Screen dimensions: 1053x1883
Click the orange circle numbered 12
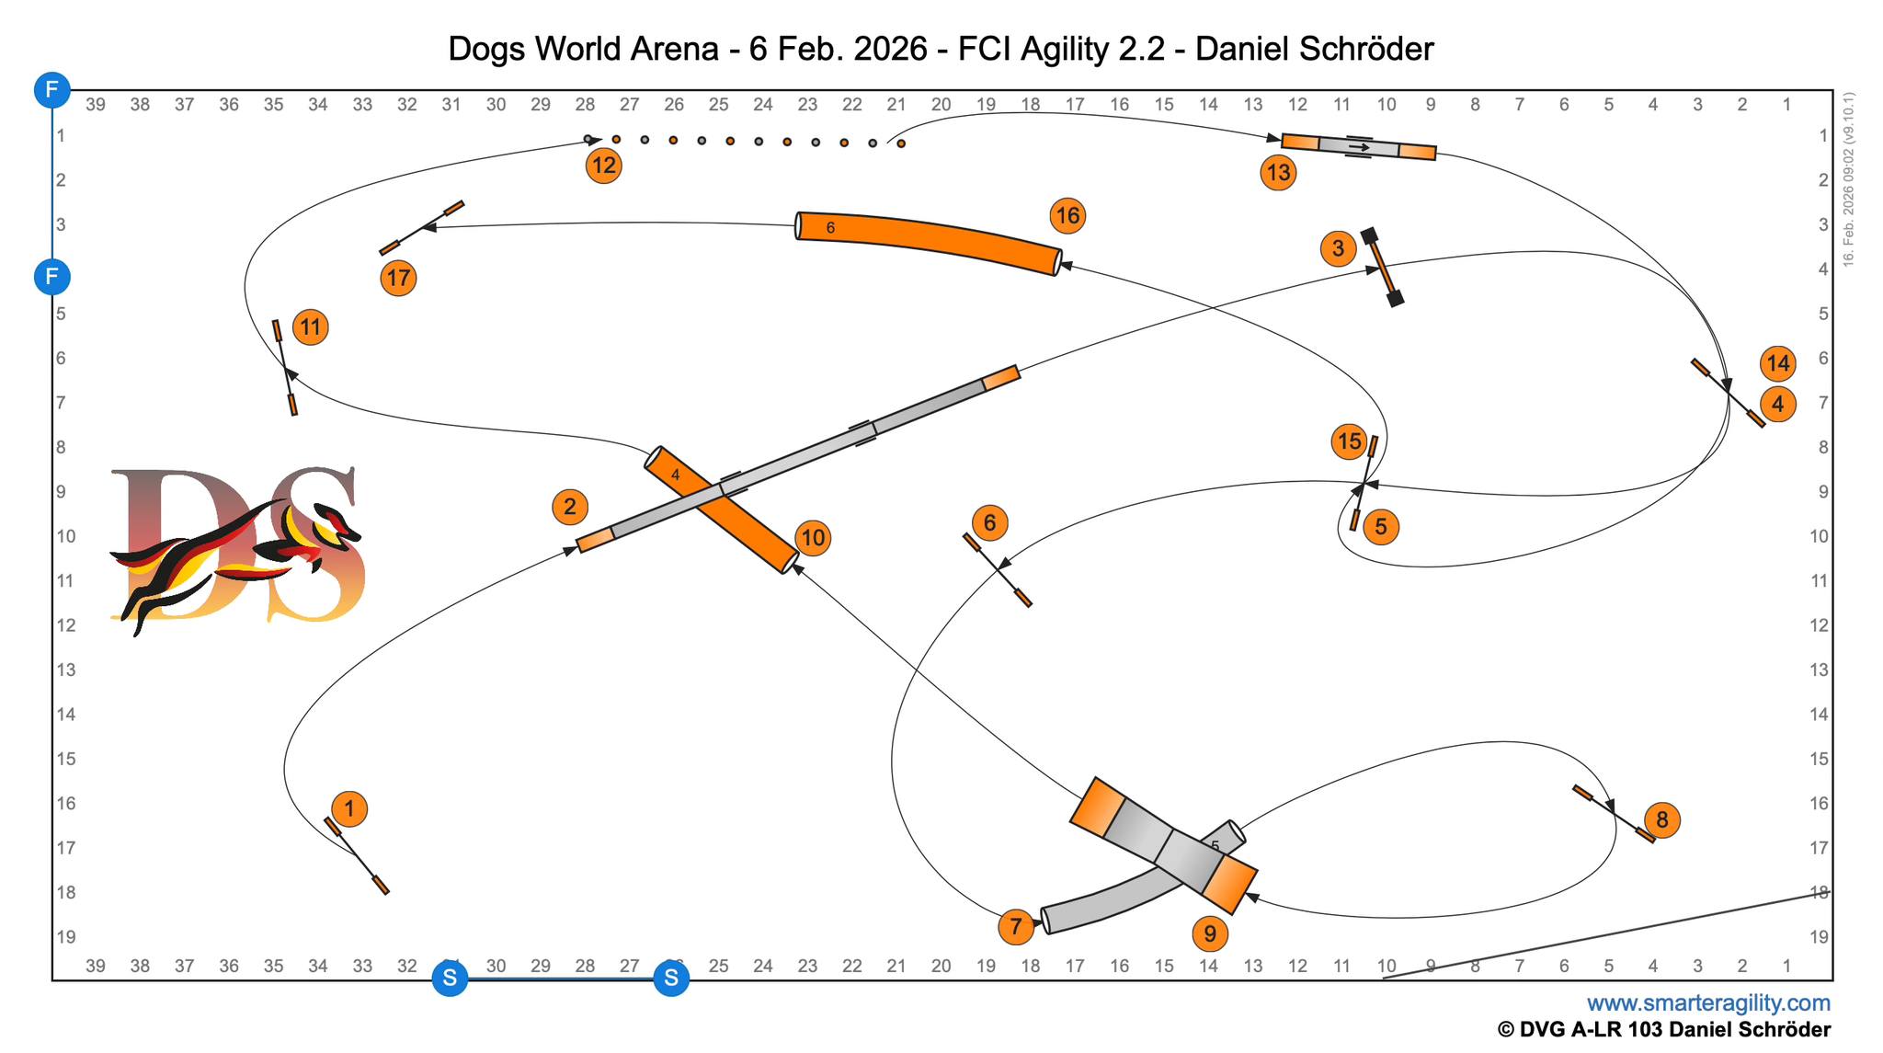click(x=604, y=166)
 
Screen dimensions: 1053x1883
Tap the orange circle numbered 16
click(x=1067, y=216)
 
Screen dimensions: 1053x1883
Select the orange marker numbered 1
click(x=349, y=809)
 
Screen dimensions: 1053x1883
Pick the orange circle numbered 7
click(x=1015, y=926)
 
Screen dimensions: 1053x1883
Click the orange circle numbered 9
click(x=1210, y=934)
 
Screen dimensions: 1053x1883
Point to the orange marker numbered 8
click(x=1662, y=819)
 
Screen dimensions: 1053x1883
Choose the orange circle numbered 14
click(x=1778, y=363)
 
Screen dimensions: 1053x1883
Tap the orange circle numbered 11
click(x=311, y=326)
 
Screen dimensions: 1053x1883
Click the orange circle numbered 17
click(x=398, y=278)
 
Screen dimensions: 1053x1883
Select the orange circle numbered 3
click(x=1338, y=248)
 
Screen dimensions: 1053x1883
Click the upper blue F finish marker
click(x=52, y=90)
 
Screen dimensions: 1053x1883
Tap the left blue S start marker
click(x=450, y=979)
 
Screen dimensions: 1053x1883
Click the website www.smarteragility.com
click(x=1708, y=1002)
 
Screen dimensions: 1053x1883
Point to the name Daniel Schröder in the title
click(x=1314, y=49)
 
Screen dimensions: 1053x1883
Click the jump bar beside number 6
click(x=998, y=569)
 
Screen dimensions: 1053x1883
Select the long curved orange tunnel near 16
click(x=929, y=242)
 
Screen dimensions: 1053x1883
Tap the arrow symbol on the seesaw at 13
click(x=1359, y=146)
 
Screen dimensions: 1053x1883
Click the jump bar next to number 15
click(x=1364, y=484)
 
